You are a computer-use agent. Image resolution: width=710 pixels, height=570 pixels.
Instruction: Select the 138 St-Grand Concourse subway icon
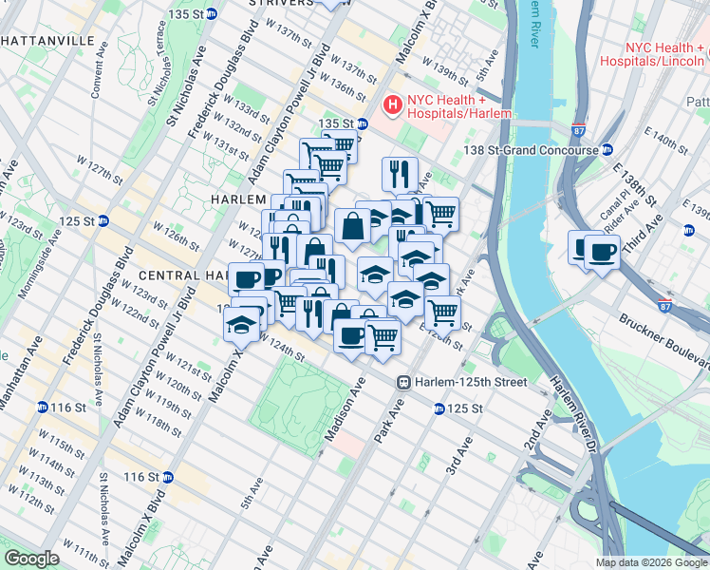click(x=607, y=150)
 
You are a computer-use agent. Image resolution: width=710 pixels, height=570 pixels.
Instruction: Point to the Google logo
click(x=31, y=559)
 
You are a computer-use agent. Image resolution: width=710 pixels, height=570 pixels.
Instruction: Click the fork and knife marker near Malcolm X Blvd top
click(x=400, y=174)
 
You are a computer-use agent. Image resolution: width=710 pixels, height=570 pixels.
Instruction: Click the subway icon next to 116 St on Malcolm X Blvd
click(x=167, y=477)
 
